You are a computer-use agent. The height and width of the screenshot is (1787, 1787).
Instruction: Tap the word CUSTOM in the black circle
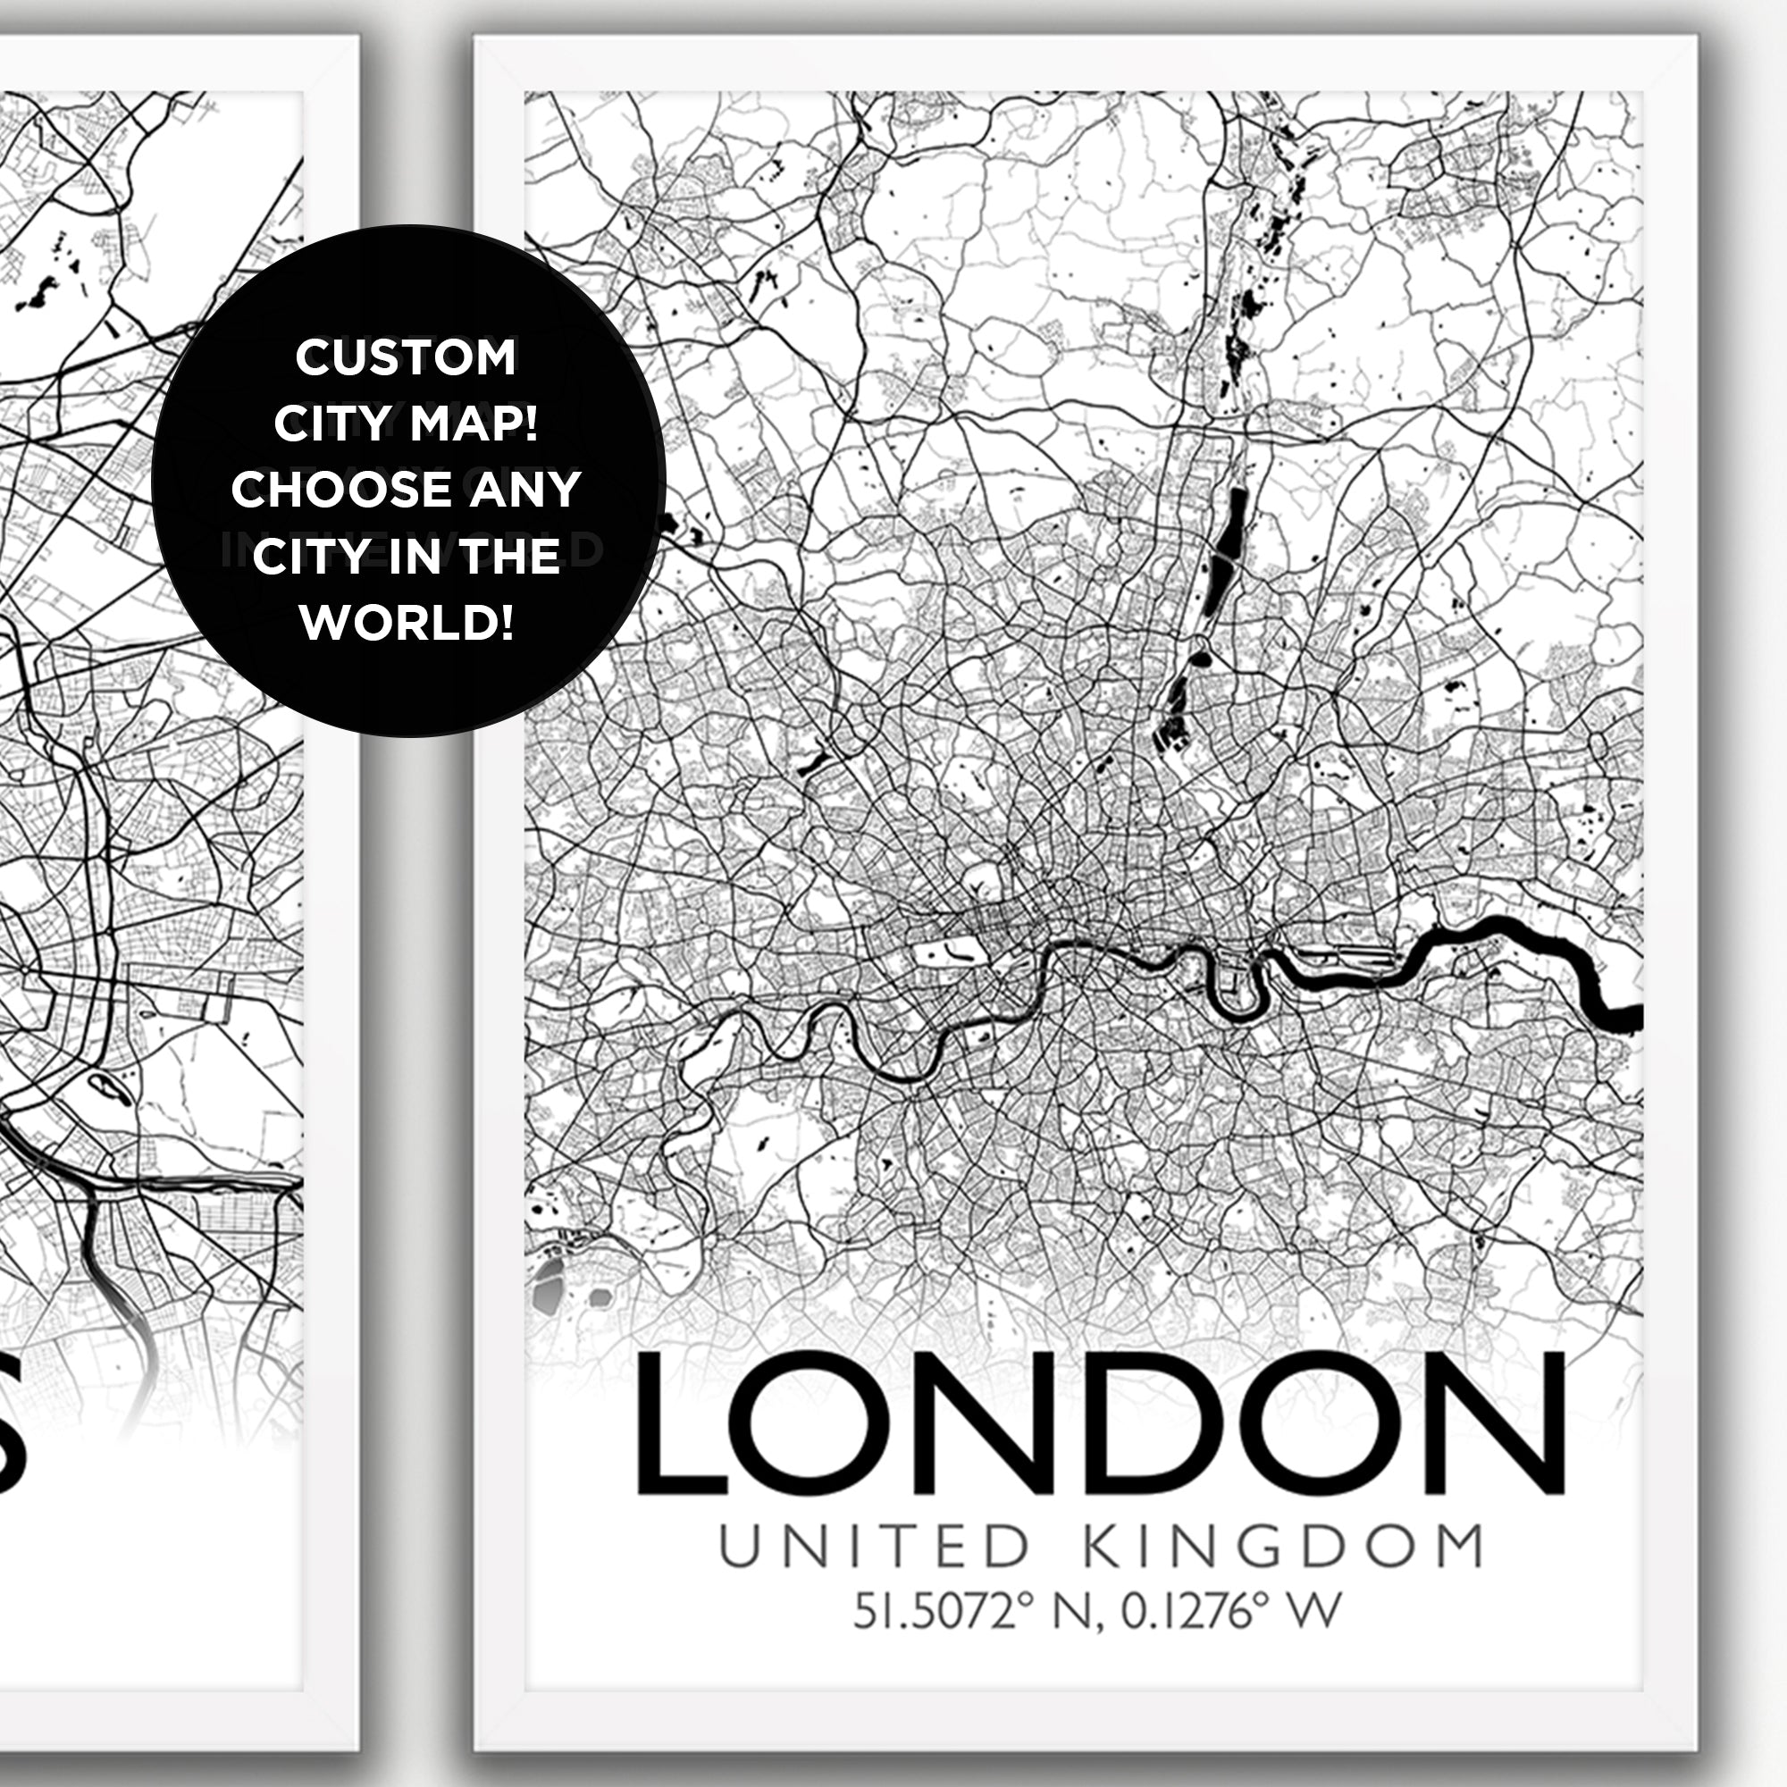click(x=406, y=358)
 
